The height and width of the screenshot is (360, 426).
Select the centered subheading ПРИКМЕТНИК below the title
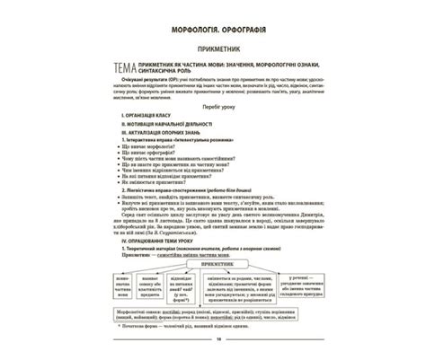coord(212,54)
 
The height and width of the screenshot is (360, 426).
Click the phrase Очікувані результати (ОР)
coord(145,92)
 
